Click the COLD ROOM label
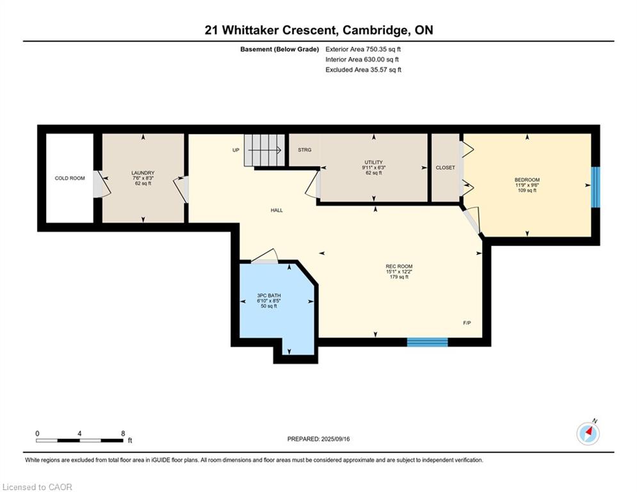pyautogui.click(x=70, y=178)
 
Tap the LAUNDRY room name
pyautogui.click(x=143, y=173)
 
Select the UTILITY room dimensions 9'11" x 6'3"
pyautogui.click(x=374, y=168)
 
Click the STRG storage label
pyautogui.click(x=305, y=150)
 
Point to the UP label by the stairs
pyautogui.click(x=236, y=150)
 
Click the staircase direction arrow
pyautogui.click(x=264, y=150)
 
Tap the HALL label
pyautogui.click(x=277, y=210)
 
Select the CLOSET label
pyautogui.click(x=445, y=168)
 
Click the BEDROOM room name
pyautogui.click(x=527, y=180)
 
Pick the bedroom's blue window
pyautogui.click(x=595, y=187)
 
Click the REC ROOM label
pyautogui.click(x=399, y=266)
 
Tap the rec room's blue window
pyautogui.click(x=428, y=342)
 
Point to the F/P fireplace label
pyautogui.click(x=467, y=323)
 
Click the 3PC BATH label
pyautogui.click(x=269, y=295)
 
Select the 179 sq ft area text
pyautogui.click(x=399, y=277)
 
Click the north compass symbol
pyautogui.click(x=588, y=434)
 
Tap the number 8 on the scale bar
pyautogui.click(x=123, y=434)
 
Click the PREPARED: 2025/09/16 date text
pyautogui.click(x=319, y=439)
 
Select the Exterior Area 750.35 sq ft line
pyautogui.click(x=363, y=49)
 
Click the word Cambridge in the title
pyautogui.click(x=376, y=31)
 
